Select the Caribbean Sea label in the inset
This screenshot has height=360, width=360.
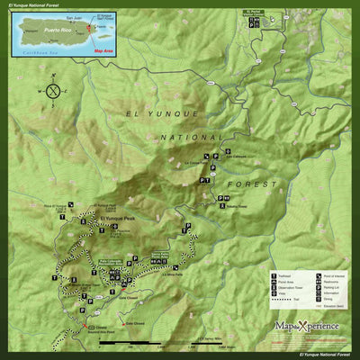pyautogui.click(x=37, y=54)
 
